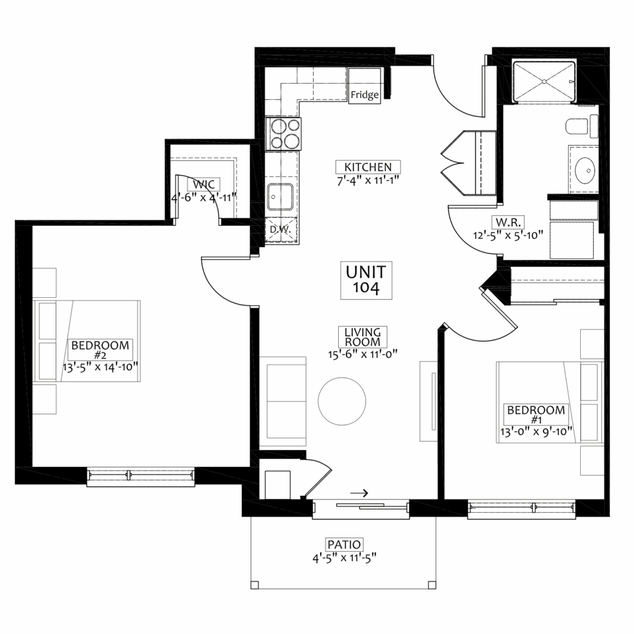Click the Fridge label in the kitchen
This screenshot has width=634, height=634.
[365, 95]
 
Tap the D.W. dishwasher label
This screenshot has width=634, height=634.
[280, 229]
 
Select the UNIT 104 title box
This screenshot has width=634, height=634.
[367, 280]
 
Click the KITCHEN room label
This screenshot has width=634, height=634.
[368, 167]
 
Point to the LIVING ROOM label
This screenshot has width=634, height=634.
[363, 337]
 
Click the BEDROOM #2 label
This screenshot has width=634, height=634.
[100, 350]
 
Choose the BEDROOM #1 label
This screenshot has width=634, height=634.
[536, 414]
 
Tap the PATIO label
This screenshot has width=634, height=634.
[344, 544]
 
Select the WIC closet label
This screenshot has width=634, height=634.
[204, 185]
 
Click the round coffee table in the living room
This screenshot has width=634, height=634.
[342, 401]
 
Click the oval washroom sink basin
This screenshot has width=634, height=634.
[585, 171]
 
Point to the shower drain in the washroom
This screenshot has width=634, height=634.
[544, 82]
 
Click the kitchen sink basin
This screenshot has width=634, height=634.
[280, 197]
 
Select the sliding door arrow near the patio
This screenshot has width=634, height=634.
[359, 493]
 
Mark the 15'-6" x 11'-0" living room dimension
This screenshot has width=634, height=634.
[363, 354]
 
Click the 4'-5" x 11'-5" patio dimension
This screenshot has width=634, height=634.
[344, 558]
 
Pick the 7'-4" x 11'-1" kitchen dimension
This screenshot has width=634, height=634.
[368, 180]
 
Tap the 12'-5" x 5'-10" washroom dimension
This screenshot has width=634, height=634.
[508, 235]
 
